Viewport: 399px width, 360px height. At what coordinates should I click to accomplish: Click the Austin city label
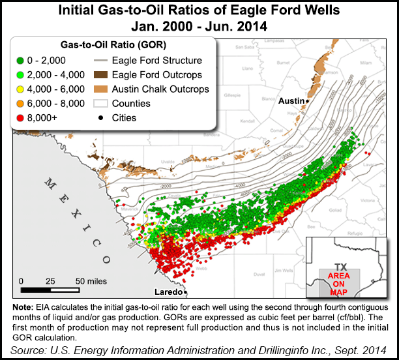[291, 101]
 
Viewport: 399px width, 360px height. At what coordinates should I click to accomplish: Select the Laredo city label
[168, 292]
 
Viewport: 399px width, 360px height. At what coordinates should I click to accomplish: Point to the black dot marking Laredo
[185, 292]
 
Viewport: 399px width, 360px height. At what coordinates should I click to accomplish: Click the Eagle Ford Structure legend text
[157, 61]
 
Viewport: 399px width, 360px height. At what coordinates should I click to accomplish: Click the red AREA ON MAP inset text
[340, 281]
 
